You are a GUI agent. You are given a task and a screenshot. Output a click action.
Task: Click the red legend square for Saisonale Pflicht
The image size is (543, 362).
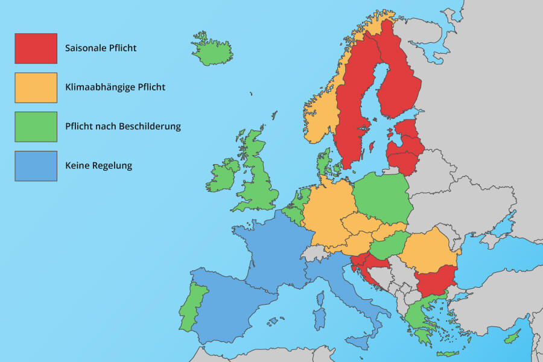coord(36,48)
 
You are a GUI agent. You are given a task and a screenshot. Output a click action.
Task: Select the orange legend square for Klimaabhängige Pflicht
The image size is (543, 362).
coord(36,87)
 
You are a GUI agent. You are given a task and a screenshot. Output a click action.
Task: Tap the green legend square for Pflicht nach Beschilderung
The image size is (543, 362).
coord(36,127)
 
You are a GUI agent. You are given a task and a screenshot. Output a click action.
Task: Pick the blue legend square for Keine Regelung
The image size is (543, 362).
coord(36,166)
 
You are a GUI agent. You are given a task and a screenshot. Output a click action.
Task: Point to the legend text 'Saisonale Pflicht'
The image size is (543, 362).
coord(101,48)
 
